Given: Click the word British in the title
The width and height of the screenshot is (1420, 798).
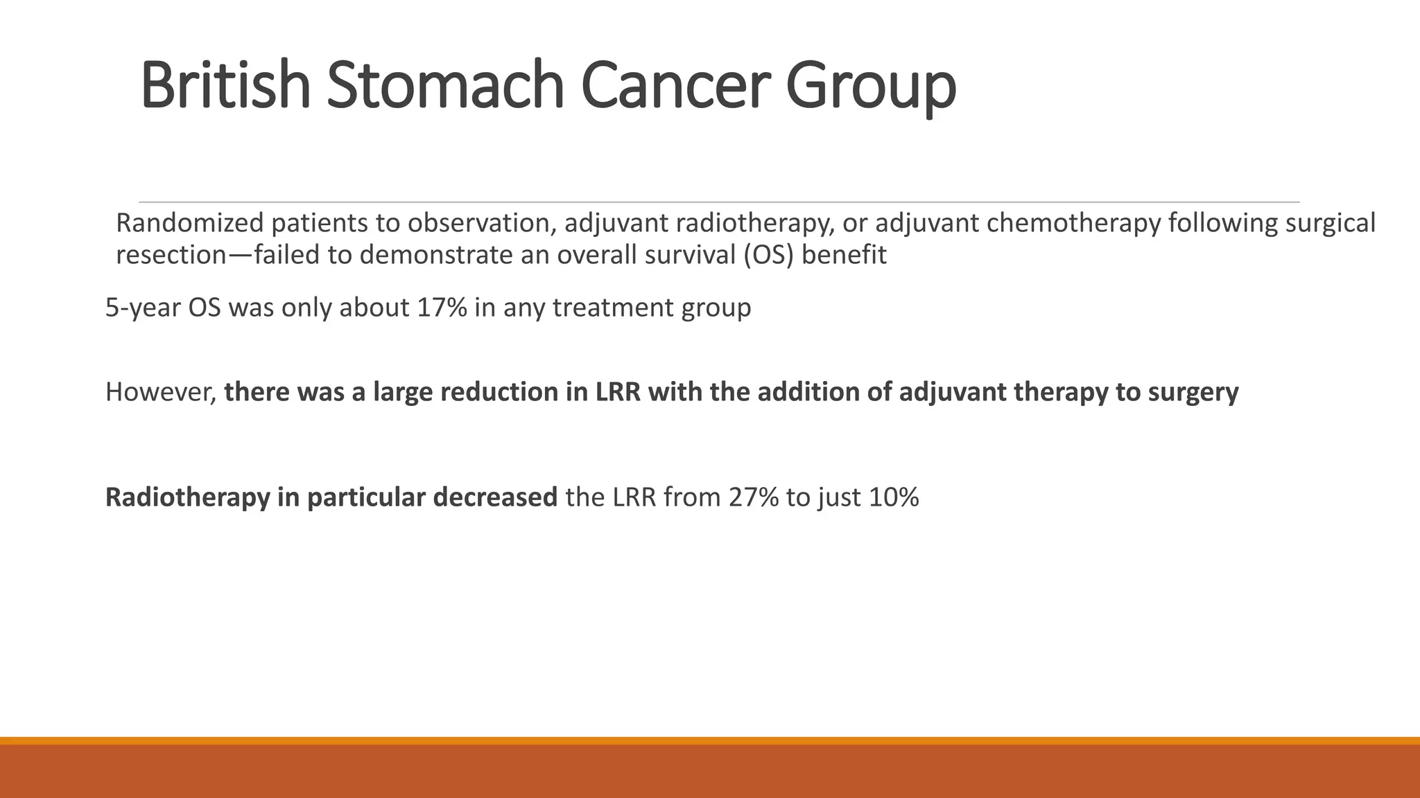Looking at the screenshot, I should (225, 86).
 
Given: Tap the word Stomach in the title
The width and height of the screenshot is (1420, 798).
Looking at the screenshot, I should (445, 86).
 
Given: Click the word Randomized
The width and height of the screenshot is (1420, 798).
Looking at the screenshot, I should (189, 224).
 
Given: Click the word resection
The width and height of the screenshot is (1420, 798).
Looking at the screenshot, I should (171, 256).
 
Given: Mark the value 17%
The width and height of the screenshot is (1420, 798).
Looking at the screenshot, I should (442, 308).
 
